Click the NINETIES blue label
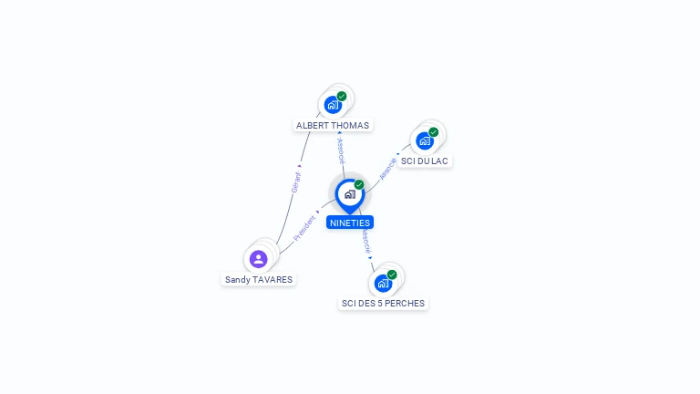(x=350, y=222)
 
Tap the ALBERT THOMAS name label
(x=334, y=125)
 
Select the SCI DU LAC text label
(x=425, y=161)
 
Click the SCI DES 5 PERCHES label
(x=383, y=303)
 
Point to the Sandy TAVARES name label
(x=259, y=279)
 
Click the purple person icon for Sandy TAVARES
(x=258, y=259)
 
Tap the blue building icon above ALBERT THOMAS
(x=333, y=105)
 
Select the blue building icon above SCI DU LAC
(x=424, y=141)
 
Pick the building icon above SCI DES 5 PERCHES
(x=383, y=283)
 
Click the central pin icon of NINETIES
(x=349, y=194)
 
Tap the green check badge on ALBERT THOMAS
(x=342, y=96)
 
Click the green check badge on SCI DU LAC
(x=433, y=132)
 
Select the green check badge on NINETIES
(x=359, y=184)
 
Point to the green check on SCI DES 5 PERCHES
(x=392, y=274)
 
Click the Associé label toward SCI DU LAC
(x=388, y=168)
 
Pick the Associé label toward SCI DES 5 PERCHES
(x=365, y=241)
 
